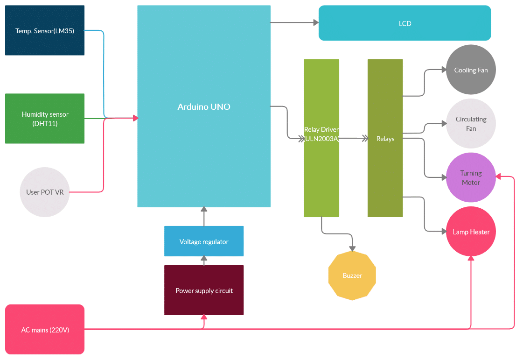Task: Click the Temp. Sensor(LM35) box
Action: tap(45, 30)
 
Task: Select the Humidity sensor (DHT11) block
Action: tap(45, 119)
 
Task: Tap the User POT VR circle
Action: tap(45, 192)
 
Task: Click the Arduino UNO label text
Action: tap(204, 107)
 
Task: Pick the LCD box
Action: tap(404, 23)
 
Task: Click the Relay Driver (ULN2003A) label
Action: tap(321, 134)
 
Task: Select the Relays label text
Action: tap(385, 139)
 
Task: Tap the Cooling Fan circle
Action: tap(471, 70)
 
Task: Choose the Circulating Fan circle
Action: tap(471, 124)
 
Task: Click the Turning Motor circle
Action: tap(471, 177)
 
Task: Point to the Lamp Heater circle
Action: tap(471, 232)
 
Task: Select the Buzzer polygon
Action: tap(352, 275)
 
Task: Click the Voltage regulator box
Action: tap(204, 241)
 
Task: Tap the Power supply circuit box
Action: tap(204, 290)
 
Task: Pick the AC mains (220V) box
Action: tap(45, 330)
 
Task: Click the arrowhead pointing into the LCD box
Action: tap(316, 22)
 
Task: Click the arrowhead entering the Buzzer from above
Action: tap(352, 248)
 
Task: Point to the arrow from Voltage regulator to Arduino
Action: tap(203, 217)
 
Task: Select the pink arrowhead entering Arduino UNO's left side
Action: tap(135, 118)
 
